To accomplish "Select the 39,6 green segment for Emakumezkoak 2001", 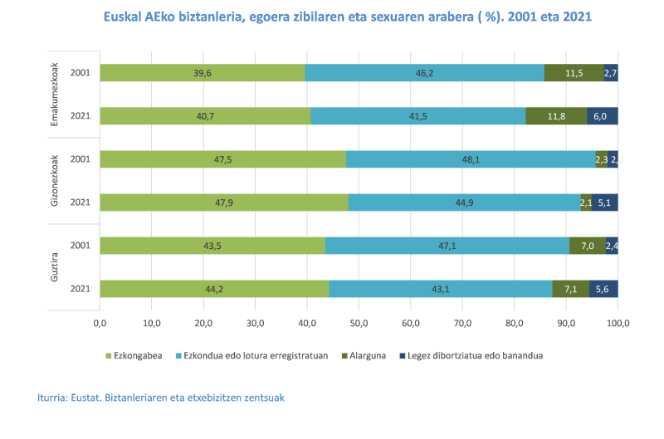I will [x=203, y=73].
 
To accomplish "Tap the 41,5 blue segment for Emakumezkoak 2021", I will [x=418, y=116].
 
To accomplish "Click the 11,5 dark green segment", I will [x=574, y=73].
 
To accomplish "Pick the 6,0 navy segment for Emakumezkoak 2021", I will [x=603, y=116].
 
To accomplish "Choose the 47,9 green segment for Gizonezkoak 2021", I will [x=224, y=202].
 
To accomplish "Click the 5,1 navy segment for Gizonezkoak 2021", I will [x=605, y=202].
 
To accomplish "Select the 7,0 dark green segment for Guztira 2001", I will [x=588, y=246].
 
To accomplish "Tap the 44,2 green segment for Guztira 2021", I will [x=214, y=289].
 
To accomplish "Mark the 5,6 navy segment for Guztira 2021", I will [x=603, y=289].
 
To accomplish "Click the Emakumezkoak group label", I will [x=55, y=94].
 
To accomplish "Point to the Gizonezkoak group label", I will [x=55, y=181].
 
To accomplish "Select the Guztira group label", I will [x=55, y=267].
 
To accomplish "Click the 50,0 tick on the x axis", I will [x=359, y=322].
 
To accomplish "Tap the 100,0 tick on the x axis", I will [x=618, y=322].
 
